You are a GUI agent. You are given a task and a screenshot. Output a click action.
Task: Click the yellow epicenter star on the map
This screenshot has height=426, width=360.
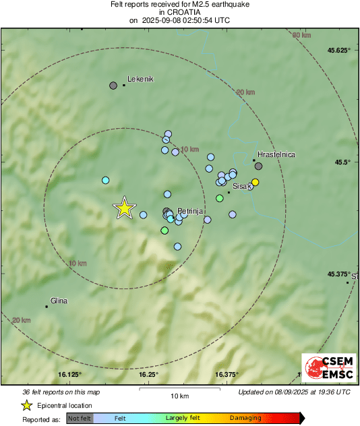click(x=124, y=208)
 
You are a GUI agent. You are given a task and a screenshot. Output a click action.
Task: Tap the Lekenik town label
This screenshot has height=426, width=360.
click(x=141, y=79)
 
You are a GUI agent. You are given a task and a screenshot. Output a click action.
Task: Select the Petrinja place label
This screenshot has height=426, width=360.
click(x=189, y=211)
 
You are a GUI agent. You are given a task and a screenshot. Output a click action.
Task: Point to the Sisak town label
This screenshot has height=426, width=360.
click(x=242, y=185)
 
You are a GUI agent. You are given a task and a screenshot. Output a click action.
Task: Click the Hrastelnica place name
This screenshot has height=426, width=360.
click(x=276, y=154)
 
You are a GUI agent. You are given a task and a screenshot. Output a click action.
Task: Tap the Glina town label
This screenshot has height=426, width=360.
click(x=59, y=301)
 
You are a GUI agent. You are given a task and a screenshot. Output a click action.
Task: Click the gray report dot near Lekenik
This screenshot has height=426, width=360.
click(x=113, y=86)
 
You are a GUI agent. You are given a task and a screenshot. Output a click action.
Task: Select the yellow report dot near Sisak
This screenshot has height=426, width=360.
click(x=255, y=182)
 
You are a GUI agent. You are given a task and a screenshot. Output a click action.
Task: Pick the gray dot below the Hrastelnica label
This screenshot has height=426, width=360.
click(x=258, y=166)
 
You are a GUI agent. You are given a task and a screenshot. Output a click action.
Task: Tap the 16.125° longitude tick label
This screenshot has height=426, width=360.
click(x=69, y=374)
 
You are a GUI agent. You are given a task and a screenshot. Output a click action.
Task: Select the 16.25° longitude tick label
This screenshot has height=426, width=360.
click(x=149, y=374)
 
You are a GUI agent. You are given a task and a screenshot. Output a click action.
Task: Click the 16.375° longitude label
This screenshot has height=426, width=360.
click(x=228, y=374)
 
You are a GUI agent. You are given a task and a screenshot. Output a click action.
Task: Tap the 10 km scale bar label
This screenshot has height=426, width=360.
click(x=179, y=395)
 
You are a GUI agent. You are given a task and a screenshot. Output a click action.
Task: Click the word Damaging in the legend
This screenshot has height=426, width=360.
click(x=245, y=418)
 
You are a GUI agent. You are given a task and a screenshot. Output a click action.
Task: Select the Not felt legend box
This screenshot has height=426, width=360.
click(x=80, y=418)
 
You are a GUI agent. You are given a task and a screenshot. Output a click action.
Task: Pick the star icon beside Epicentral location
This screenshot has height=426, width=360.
click(x=26, y=405)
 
